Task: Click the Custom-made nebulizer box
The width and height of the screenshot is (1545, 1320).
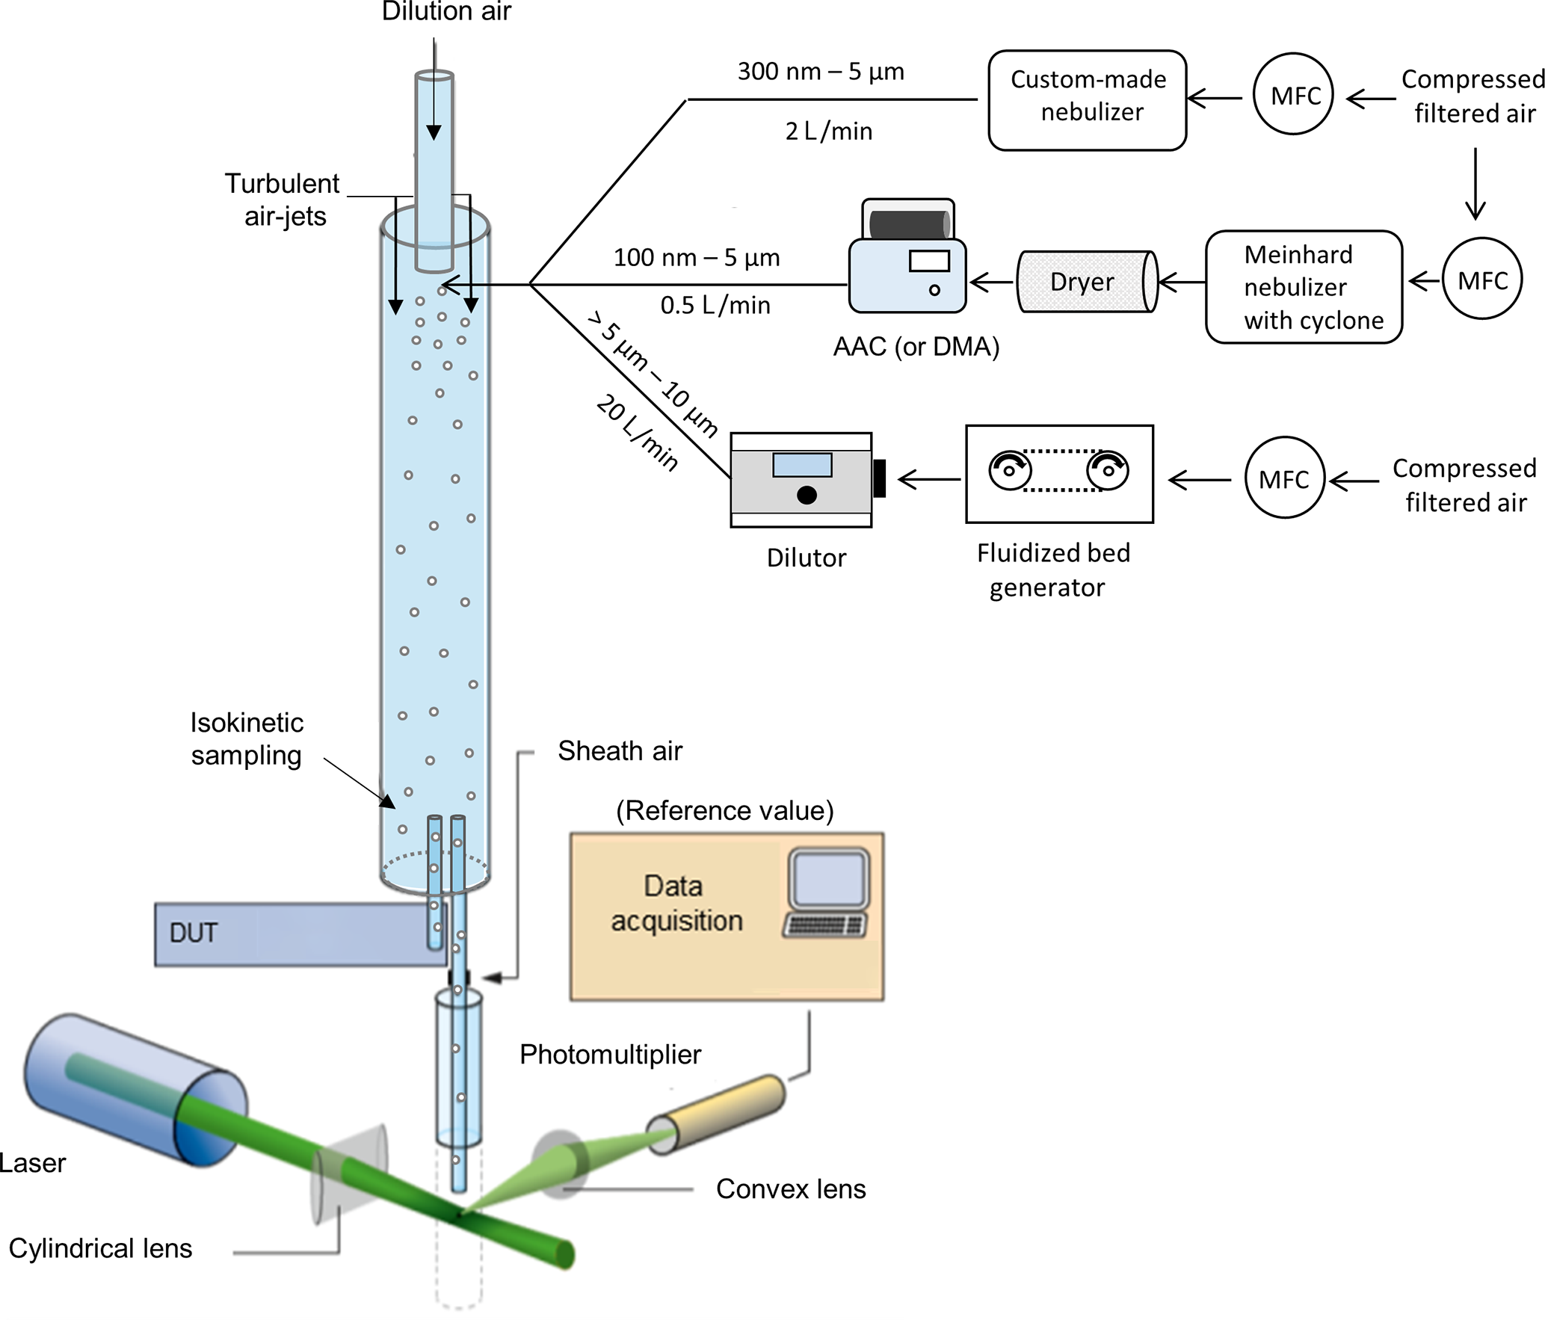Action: pyautogui.click(x=1087, y=100)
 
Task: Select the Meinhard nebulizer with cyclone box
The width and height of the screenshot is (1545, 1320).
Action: pyautogui.click(x=1304, y=287)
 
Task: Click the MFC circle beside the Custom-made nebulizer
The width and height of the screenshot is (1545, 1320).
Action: pyautogui.click(x=1293, y=94)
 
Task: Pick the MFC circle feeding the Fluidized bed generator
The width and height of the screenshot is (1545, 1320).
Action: pyautogui.click(x=1283, y=478)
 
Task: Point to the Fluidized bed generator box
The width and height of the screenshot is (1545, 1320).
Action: pyautogui.click(x=1059, y=474)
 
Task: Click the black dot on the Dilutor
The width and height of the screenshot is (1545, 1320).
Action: pyautogui.click(x=807, y=495)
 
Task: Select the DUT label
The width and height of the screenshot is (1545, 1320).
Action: pyautogui.click(x=193, y=933)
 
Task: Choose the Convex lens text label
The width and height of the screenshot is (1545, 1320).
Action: pyautogui.click(x=790, y=1188)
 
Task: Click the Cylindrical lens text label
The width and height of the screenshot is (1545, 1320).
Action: pyautogui.click(x=100, y=1247)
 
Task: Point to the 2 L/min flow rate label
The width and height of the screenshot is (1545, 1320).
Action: pyautogui.click(x=828, y=132)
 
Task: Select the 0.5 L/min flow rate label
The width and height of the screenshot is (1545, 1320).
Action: pyautogui.click(x=715, y=305)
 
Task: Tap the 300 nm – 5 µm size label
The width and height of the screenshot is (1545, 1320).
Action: pyautogui.click(x=820, y=72)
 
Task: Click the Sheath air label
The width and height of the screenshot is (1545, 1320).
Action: pyautogui.click(x=620, y=750)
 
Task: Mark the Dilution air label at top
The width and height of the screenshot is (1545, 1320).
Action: pyautogui.click(x=446, y=11)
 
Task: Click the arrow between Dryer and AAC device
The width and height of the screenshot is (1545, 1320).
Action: pyautogui.click(x=992, y=283)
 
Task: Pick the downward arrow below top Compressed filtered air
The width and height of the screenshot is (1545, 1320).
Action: pyautogui.click(x=1475, y=184)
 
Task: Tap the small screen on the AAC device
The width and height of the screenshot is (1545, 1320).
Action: pyautogui.click(x=929, y=261)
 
